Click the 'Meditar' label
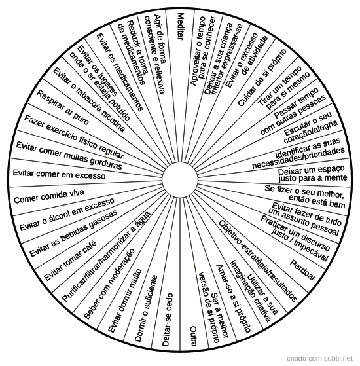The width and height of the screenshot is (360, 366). tap(180, 26)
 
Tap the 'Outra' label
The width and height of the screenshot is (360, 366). tap(193, 336)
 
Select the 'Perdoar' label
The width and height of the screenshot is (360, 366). tap(302, 270)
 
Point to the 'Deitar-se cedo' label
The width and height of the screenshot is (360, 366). tap(168, 320)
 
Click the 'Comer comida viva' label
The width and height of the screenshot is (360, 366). tap(49, 196)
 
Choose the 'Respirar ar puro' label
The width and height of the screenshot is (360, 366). tap(63, 107)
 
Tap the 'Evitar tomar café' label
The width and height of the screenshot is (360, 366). tap(70, 261)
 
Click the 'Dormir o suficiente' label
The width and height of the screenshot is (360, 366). tap(146, 308)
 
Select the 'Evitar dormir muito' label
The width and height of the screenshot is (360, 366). tap(125, 301)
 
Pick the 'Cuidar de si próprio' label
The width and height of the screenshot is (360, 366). tap(262, 78)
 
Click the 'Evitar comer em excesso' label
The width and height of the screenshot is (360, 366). tap(59, 174)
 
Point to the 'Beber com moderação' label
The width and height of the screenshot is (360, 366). tap(109, 284)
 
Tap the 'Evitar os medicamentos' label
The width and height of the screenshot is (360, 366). tap(119, 72)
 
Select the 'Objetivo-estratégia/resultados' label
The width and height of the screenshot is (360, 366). tap(258, 261)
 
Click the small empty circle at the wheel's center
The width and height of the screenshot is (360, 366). tap(180, 180)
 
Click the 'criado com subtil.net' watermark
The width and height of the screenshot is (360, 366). tap(319, 358)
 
